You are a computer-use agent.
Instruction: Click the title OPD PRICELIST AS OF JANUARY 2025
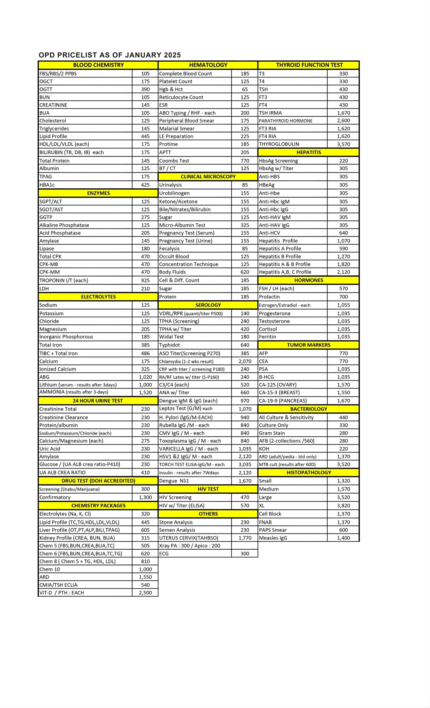[x=110, y=55]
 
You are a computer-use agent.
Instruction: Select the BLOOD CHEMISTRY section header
[x=98, y=65]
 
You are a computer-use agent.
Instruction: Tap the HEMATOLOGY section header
[x=208, y=65]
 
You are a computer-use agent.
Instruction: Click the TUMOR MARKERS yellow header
[x=309, y=345]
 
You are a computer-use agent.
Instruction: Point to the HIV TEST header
[x=208, y=489]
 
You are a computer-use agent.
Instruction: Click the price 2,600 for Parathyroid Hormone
[x=343, y=121]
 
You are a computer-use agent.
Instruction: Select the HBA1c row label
[x=47, y=185]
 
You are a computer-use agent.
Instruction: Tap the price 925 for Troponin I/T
[x=145, y=280]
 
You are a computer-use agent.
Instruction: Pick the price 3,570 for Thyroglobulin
[x=343, y=144]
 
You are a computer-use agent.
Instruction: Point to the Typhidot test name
[x=169, y=345]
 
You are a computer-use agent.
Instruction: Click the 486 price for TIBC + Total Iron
[x=145, y=353]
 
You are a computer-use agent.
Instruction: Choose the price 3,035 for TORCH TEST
[x=245, y=464]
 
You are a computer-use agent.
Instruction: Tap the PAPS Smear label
[x=273, y=530]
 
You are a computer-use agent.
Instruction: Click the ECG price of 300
[x=245, y=553]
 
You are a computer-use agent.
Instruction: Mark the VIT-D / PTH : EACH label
[x=61, y=592]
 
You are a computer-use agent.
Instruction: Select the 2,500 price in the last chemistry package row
[x=145, y=592]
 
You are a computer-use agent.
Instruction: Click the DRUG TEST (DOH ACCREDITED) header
[x=98, y=481]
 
